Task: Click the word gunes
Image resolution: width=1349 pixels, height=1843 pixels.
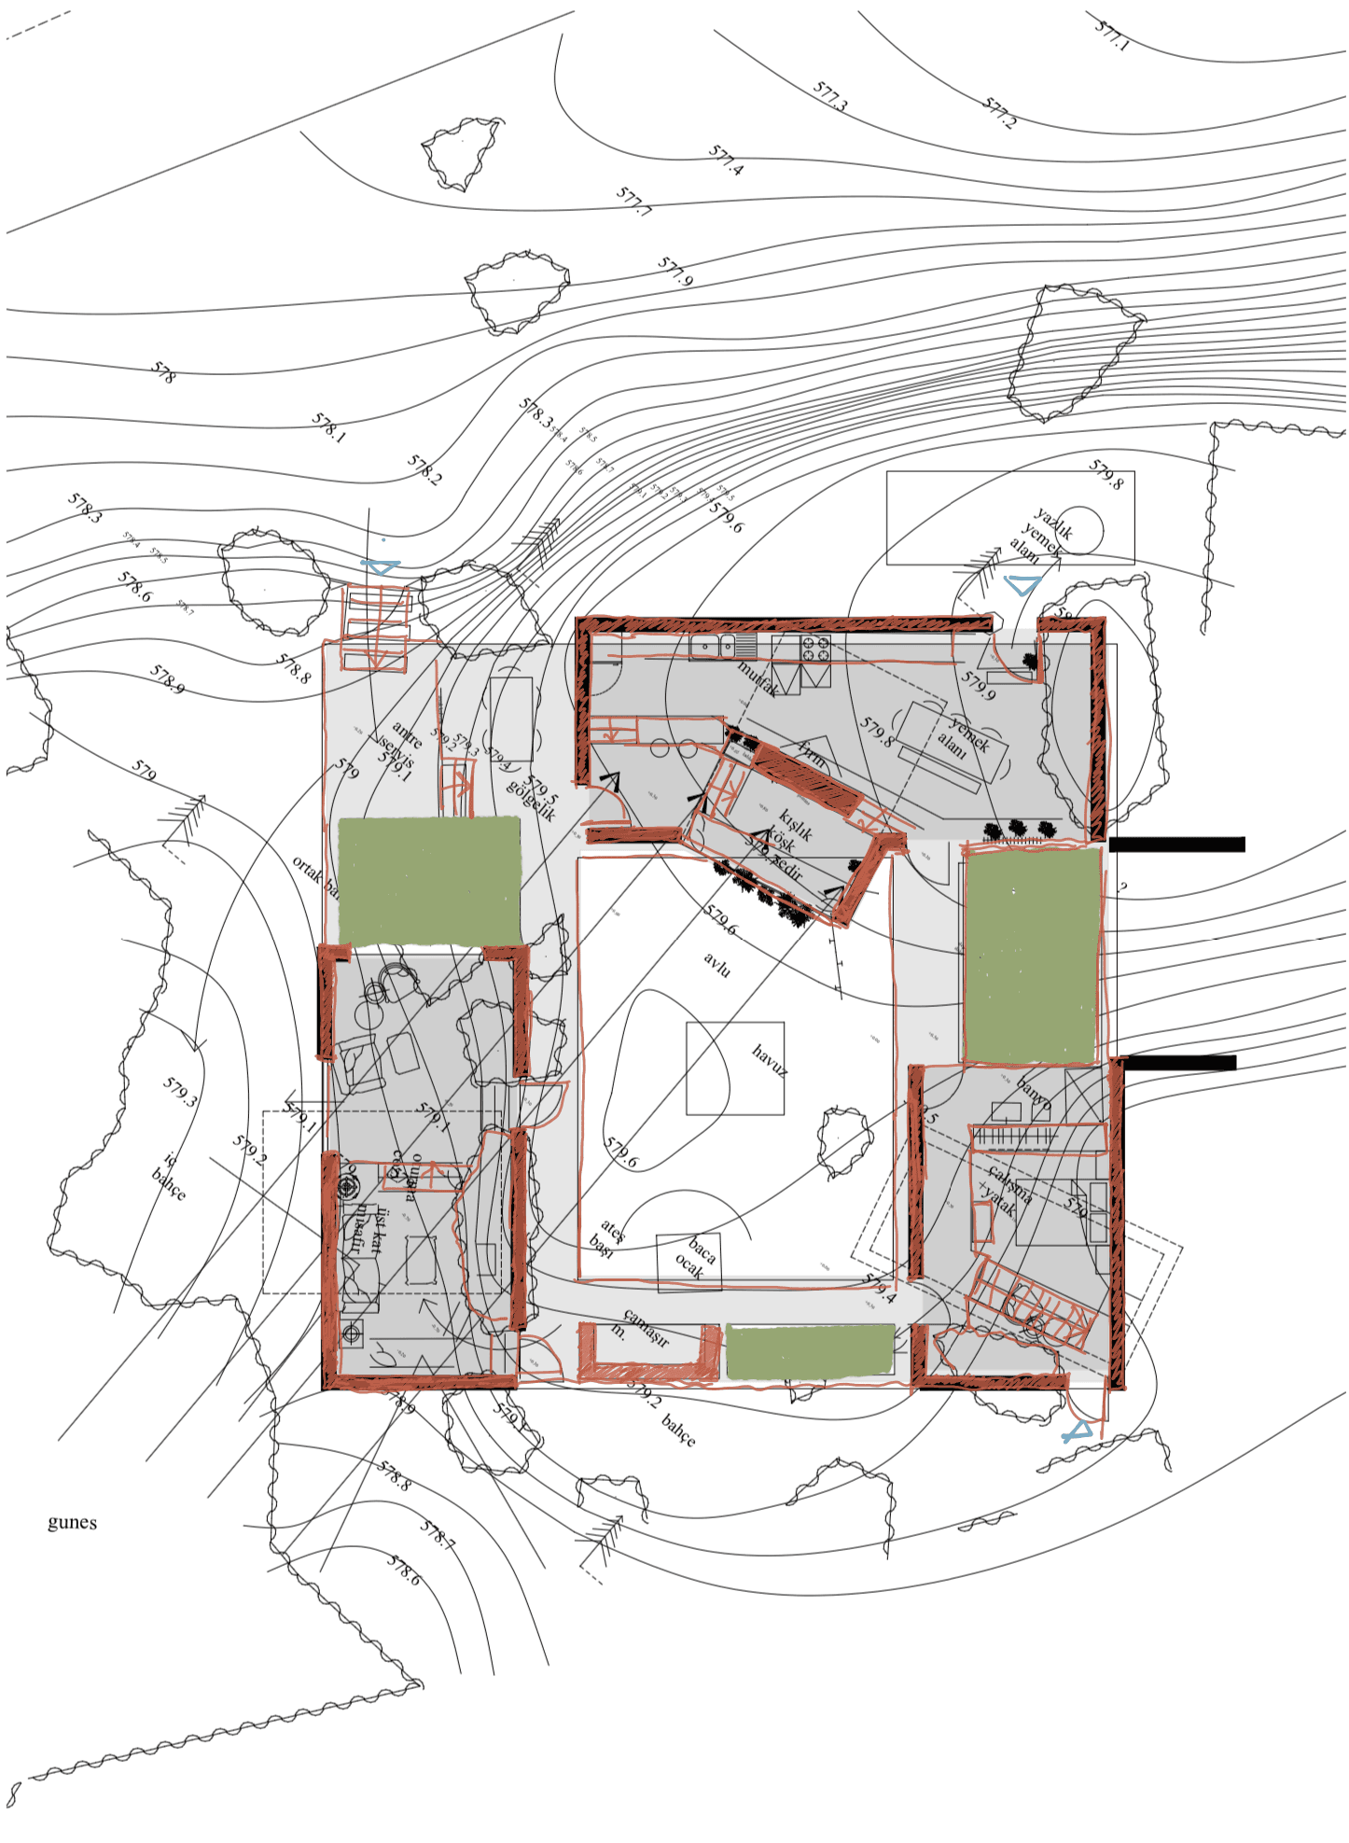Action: pos(72,1522)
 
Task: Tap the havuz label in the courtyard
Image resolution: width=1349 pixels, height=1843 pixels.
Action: pos(770,1060)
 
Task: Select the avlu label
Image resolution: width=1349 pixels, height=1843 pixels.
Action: pos(716,965)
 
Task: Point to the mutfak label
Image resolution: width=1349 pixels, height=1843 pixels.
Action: pos(758,678)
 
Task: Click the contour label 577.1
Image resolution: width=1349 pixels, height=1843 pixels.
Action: pos(1111,35)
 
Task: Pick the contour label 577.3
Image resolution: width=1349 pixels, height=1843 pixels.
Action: pos(829,96)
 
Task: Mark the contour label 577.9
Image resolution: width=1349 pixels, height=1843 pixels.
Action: pos(675,272)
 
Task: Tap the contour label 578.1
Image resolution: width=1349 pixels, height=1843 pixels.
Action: pos(328,427)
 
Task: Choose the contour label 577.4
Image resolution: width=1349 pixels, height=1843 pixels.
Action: pos(726,160)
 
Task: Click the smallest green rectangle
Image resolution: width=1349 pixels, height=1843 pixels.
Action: pos(810,1351)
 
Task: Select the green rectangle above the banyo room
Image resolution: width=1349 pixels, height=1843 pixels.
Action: pos(1031,956)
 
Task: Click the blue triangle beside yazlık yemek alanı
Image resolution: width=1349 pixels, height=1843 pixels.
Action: pos(1022,585)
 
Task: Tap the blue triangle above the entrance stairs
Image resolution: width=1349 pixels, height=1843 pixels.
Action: pos(380,566)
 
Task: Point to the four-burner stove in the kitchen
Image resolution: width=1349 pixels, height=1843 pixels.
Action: pos(815,648)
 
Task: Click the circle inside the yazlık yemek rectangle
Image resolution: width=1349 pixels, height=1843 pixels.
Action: pos(1080,530)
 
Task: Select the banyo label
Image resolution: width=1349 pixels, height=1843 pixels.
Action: pos(1034,1094)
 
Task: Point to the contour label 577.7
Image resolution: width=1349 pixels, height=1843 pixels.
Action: pos(633,201)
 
